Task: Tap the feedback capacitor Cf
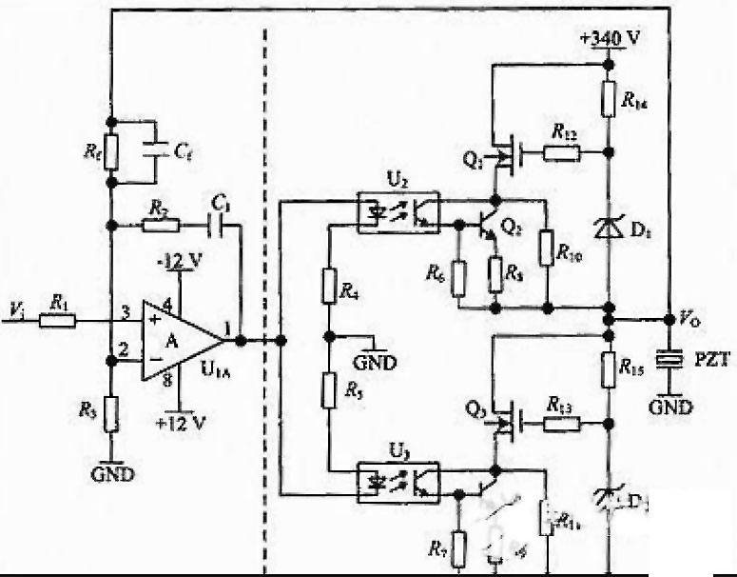click(151, 149)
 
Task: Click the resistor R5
click(328, 390)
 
